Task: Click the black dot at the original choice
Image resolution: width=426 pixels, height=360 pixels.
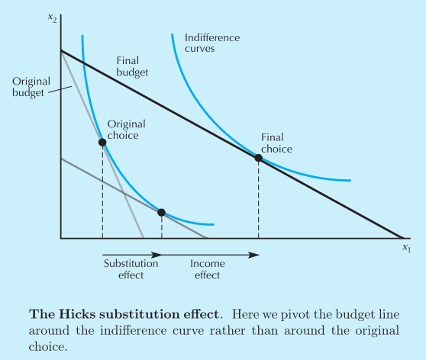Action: pos(102,143)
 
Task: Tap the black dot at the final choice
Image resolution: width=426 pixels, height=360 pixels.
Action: pos(258,158)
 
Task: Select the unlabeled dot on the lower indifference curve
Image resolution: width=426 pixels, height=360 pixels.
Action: pos(161,212)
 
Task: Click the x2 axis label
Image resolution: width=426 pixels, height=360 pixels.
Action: pos(52,18)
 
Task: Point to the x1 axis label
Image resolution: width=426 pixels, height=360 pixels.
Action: pos(406,248)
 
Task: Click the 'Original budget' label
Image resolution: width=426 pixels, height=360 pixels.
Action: pos(31,87)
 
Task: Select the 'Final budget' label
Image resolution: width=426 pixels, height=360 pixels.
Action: pos(132,66)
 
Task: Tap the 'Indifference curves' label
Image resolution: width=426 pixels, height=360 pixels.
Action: pos(212,43)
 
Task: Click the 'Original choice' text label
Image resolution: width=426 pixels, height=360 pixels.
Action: pos(126,130)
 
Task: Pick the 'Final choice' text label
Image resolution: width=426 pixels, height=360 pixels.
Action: pos(276,143)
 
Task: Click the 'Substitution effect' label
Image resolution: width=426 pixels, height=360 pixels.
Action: pos(131,269)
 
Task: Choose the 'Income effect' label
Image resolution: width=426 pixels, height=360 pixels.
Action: pos(208,269)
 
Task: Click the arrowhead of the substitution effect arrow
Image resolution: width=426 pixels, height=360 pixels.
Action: pos(157,255)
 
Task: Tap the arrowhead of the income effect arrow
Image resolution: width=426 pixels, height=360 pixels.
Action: pos(254,255)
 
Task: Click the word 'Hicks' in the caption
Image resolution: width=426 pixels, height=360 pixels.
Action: pos(77,314)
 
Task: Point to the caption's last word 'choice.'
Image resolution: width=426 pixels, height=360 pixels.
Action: pos(48,347)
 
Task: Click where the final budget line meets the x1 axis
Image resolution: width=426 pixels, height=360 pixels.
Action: pos(403,238)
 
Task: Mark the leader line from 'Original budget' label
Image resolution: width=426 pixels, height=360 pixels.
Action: pos(60,89)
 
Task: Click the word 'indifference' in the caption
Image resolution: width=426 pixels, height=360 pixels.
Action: pos(133,331)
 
